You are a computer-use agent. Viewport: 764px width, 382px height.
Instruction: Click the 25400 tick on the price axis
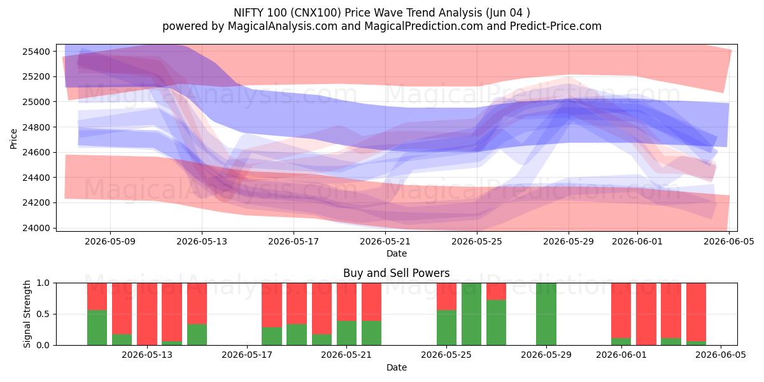point(36,52)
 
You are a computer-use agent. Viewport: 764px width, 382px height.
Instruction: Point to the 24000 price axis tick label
point(36,228)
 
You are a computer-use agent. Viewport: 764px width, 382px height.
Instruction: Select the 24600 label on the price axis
point(36,152)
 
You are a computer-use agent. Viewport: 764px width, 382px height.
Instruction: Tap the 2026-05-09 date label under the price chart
point(110,242)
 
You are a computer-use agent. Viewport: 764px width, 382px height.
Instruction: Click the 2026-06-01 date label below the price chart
point(637,242)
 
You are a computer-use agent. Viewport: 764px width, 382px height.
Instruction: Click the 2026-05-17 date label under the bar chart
point(247,355)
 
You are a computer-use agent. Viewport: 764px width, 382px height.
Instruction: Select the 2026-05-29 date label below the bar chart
point(546,355)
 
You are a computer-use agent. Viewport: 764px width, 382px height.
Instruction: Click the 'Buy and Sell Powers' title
point(396,273)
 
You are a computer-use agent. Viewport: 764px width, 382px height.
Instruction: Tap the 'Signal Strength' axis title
point(27,314)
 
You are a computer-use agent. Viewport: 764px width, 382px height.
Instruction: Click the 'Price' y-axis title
point(13,139)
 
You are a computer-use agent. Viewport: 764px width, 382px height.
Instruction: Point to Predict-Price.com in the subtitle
point(556,26)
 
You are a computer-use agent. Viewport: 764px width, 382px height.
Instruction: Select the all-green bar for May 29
point(546,314)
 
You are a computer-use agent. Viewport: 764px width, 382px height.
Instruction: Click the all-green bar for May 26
point(471,314)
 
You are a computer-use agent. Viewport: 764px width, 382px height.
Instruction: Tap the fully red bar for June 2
point(646,314)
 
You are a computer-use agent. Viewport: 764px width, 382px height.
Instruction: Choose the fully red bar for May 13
point(147,314)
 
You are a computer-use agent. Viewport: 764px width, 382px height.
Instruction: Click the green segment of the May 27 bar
point(496,323)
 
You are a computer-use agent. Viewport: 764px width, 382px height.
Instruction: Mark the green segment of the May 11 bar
point(97,328)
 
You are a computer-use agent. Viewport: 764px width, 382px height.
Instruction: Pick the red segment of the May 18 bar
point(272,305)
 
